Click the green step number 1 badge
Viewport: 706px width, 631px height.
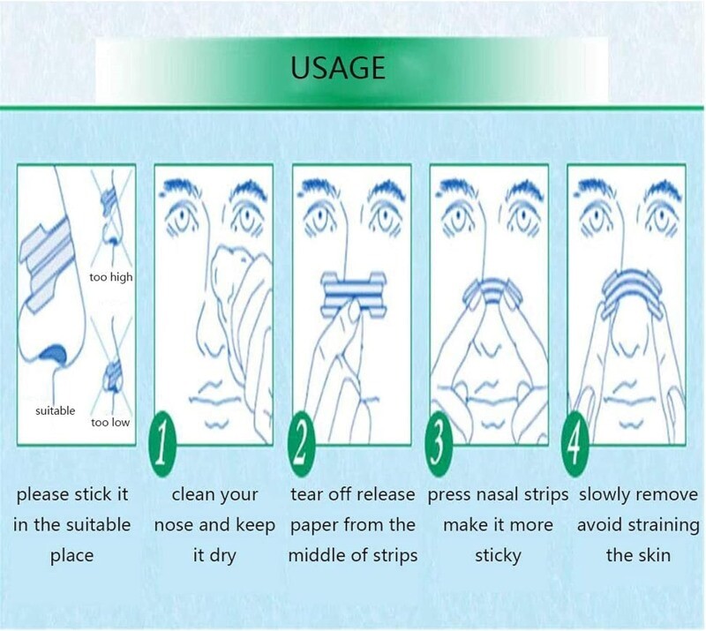(161, 438)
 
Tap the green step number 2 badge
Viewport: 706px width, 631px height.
(302, 438)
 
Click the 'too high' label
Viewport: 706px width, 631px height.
(110, 277)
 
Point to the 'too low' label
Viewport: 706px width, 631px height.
(109, 422)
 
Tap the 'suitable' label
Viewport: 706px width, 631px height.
(56, 410)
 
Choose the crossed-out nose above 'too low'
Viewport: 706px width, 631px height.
(113, 375)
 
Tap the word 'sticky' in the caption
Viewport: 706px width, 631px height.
(498, 556)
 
